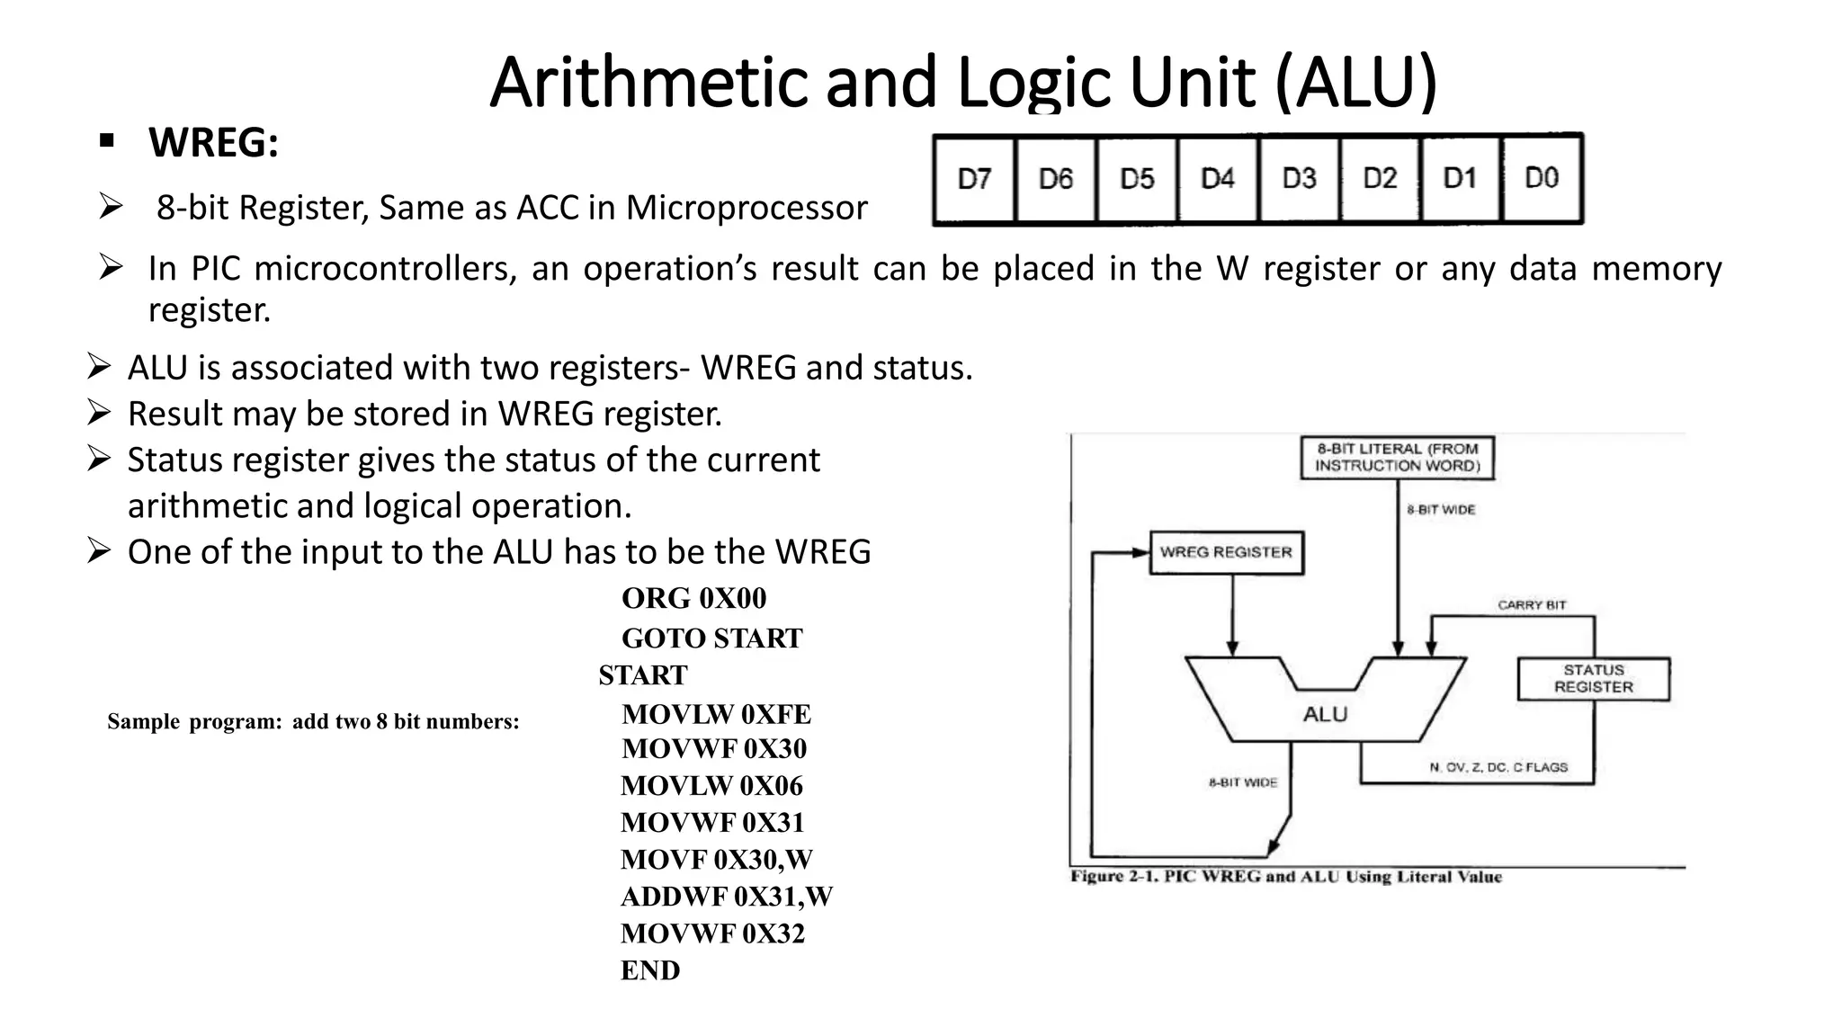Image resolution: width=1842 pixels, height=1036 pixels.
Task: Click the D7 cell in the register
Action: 974,179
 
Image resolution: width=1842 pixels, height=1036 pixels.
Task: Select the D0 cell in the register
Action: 1542,178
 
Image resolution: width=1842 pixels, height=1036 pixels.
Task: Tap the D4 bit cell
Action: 1218,179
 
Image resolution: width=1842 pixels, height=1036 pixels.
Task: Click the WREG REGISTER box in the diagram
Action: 1226,552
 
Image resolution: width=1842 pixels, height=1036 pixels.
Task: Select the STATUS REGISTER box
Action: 1593,679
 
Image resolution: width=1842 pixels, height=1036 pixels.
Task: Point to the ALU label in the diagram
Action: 1325,714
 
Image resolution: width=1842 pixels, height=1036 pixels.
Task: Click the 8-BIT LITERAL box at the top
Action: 1397,458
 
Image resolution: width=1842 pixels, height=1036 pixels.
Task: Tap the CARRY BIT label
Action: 1531,605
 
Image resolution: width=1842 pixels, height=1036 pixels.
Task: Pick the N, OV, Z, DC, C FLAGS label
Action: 1498,767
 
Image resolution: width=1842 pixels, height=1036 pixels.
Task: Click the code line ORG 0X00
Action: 693,599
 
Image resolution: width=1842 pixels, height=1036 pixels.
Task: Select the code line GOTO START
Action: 711,639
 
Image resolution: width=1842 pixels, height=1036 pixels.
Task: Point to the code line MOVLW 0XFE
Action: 716,714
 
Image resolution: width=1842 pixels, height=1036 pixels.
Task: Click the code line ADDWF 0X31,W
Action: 726,897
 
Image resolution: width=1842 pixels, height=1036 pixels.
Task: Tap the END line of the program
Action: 649,970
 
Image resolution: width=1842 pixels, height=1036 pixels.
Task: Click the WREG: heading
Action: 213,142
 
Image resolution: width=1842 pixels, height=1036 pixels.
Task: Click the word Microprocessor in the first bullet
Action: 747,208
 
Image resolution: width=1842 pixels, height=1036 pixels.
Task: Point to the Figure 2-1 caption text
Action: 1285,877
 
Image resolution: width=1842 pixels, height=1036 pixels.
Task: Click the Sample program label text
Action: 313,721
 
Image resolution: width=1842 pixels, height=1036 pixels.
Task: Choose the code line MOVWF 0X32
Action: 712,933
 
